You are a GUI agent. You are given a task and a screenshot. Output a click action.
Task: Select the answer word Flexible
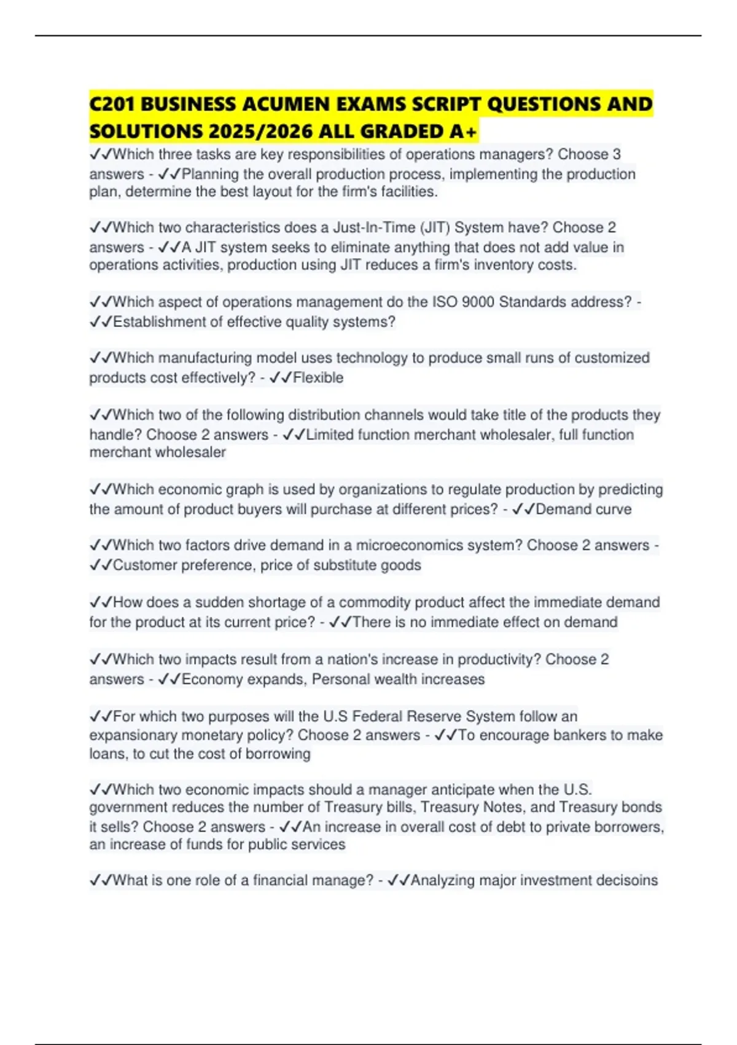pyautogui.click(x=318, y=377)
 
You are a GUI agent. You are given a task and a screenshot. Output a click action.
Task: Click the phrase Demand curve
pyautogui.click(x=583, y=509)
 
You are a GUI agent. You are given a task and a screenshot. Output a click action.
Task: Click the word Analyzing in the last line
pyautogui.click(x=443, y=880)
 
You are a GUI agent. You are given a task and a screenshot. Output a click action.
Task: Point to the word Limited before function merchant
pyautogui.click(x=329, y=435)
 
